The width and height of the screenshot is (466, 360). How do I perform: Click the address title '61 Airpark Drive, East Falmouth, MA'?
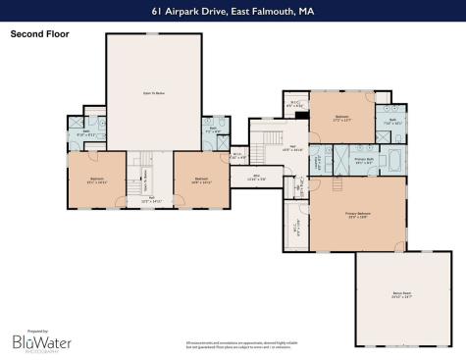[x=233, y=12]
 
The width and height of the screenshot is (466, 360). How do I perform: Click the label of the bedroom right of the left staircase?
[x=200, y=179]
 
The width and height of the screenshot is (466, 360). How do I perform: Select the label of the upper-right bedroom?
[x=341, y=117]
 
